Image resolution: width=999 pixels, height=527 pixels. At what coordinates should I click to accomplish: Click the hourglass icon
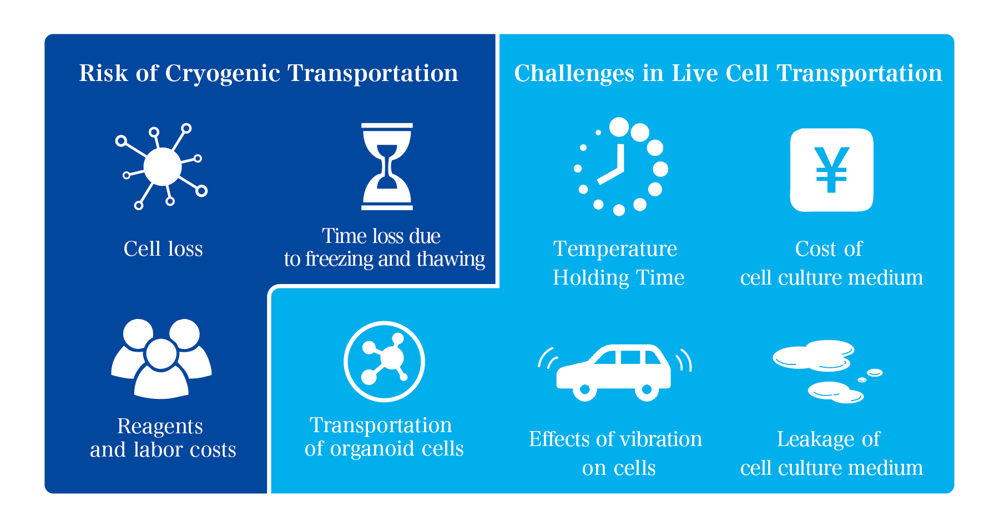tap(387, 166)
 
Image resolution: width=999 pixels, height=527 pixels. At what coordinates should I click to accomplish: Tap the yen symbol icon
tap(831, 170)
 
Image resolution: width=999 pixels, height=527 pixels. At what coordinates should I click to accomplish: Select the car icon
tap(614, 372)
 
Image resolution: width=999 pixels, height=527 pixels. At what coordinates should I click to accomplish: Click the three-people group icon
tap(162, 358)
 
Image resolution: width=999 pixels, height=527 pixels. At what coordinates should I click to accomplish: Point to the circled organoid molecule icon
tap(384, 361)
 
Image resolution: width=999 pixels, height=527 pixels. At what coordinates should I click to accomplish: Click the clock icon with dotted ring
tap(620, 166)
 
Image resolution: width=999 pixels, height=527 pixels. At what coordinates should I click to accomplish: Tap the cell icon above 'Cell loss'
tap(162, 166)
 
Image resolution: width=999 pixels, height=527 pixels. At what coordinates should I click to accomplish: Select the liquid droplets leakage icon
tap(827, 371)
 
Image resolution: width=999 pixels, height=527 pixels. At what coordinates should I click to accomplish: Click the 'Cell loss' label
tap(163, 249)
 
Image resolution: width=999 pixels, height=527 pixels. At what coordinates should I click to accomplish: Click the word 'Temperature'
tap(615, 249)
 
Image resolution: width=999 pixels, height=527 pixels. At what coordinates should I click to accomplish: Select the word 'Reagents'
tap(160, 427)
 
